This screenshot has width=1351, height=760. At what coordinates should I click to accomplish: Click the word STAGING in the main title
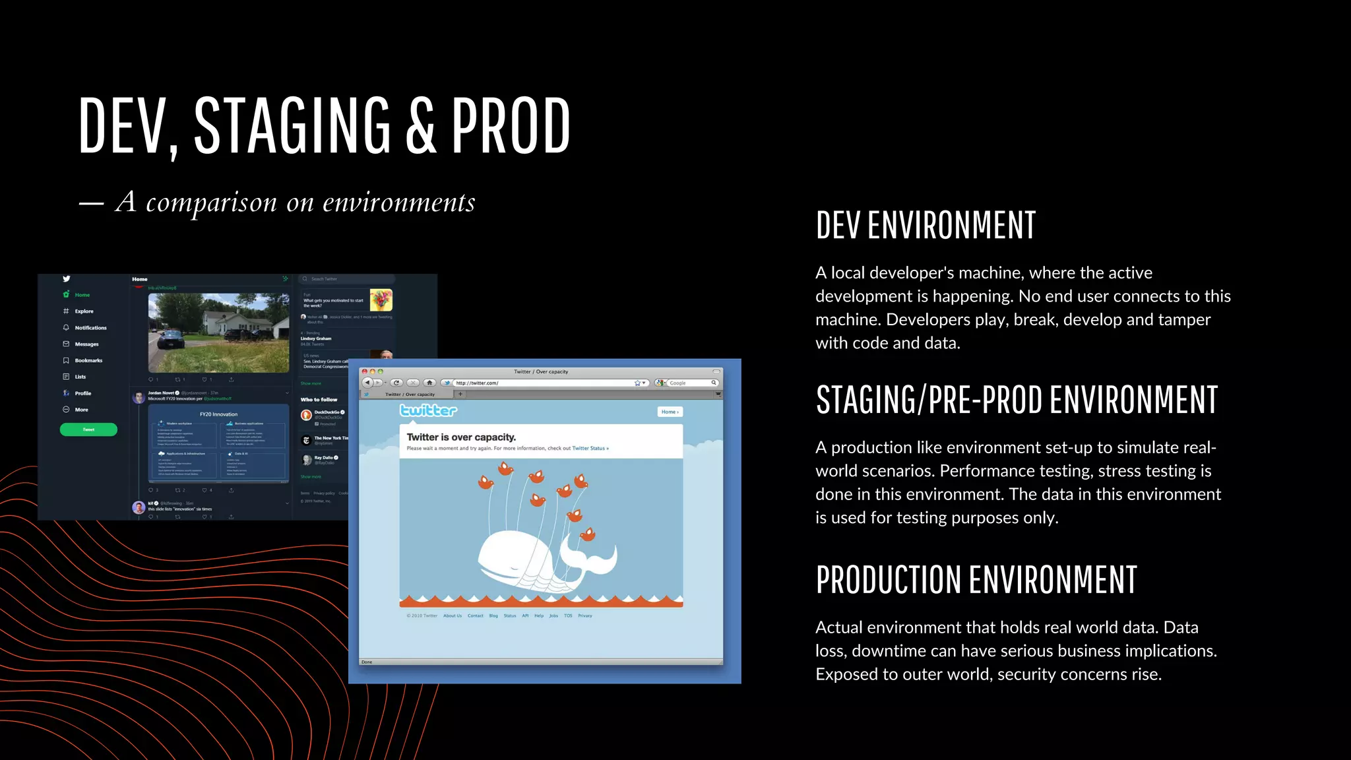292,125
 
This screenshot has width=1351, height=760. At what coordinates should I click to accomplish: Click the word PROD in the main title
511,125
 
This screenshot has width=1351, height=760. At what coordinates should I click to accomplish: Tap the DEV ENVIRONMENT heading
925,225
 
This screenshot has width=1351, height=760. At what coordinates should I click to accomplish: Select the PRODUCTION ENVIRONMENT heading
976,580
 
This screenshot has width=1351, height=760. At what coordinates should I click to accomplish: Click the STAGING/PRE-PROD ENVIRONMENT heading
1016,400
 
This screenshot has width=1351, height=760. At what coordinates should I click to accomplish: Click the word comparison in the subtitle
211,203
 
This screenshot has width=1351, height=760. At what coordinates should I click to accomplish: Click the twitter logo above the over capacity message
428,411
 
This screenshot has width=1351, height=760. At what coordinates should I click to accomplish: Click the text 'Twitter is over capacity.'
461,437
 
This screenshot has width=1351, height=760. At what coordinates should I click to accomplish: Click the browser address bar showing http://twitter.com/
541,383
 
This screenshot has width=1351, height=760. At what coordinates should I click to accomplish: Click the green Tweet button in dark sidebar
88,429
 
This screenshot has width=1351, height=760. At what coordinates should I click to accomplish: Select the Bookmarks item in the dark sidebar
88,360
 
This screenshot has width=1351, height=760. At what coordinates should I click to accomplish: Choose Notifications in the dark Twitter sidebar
90,328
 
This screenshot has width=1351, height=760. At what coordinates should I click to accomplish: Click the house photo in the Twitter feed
218,332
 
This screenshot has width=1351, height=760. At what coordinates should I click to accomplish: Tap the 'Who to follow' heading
319,400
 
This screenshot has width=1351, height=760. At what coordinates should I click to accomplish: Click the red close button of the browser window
365,371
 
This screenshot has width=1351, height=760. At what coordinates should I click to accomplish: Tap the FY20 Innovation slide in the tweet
218,443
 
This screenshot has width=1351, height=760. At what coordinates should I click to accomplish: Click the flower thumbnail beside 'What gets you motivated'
381,300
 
